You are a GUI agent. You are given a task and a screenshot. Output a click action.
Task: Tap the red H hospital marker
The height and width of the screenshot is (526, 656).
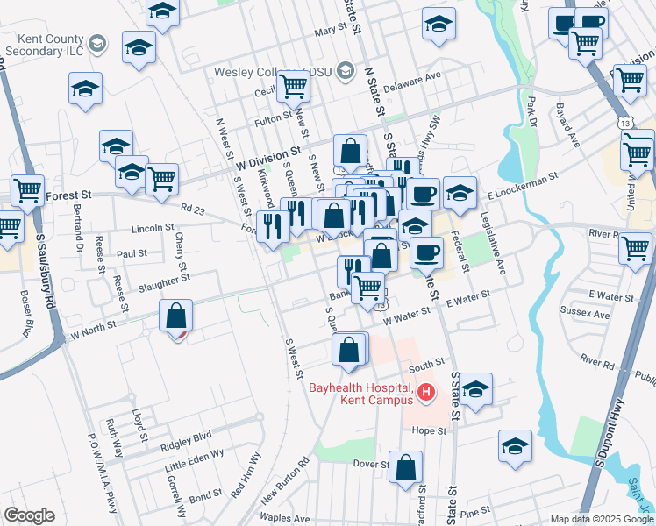(x=426, y=392)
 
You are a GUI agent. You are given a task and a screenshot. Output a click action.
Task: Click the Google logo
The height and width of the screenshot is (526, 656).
(x=29, y=515)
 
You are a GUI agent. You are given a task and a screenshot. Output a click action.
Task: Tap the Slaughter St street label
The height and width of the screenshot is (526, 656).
(x=164, y=280)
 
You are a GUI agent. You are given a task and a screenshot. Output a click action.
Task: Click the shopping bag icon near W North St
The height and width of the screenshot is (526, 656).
(x=177, y=316)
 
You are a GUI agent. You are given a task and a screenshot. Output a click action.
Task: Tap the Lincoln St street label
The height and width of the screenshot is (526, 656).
(x=153, y=228)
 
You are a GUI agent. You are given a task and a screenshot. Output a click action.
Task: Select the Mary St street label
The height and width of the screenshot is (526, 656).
(x=331, y=30)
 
